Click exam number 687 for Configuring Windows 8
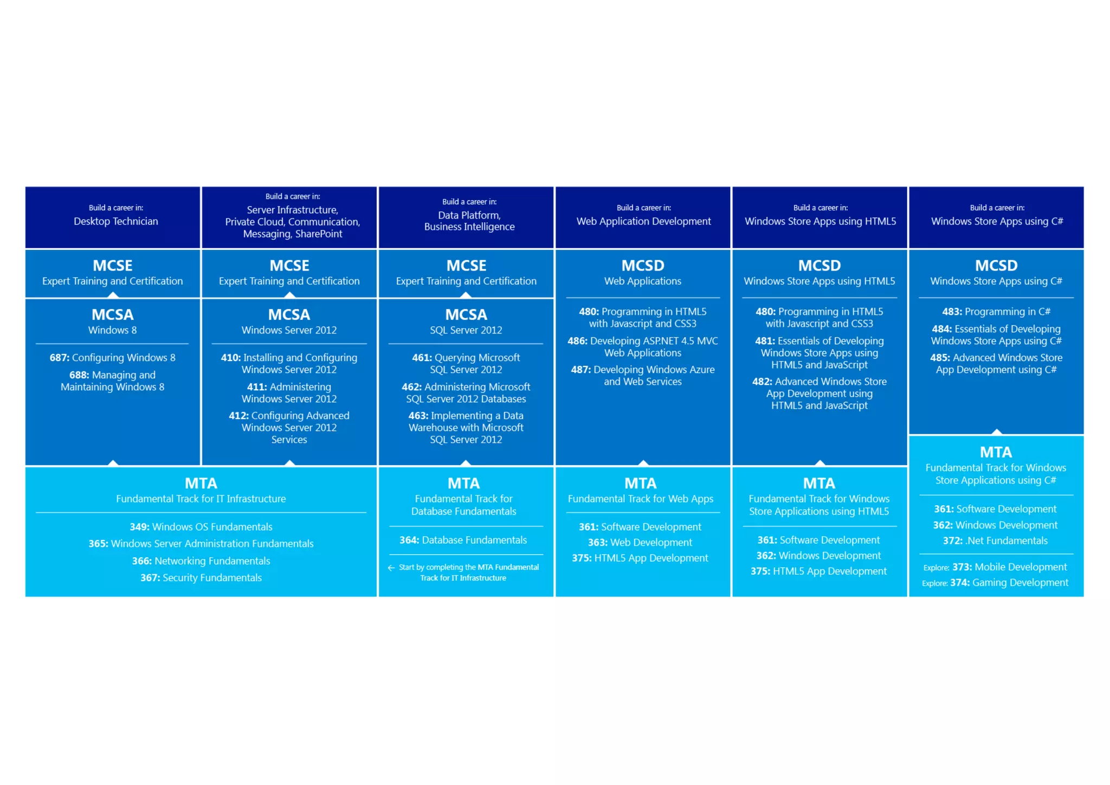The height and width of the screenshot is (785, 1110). (x=59, y=358)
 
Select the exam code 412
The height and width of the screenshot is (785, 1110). (x=238, y=416)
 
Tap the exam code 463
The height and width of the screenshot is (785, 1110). (x=418, y=416)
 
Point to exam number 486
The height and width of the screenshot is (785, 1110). (x=577, y=341)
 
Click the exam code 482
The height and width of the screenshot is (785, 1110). (x=761, y=382)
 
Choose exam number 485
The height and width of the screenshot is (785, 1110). (x=940, y=358)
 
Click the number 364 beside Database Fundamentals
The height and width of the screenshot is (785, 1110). (x=409, y=540)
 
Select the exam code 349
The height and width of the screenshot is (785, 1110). (x=139, y=527)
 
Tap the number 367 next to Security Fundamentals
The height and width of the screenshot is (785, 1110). (x=150, y=578)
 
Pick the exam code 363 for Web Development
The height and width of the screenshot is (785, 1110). (x=598, y=543)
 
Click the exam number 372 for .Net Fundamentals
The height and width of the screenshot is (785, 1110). (x=952, y=541)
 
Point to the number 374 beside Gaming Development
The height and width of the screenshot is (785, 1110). (x=960, y=583)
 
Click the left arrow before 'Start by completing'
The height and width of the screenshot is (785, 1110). (x=391, y=568)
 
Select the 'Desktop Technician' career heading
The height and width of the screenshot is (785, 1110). (x=116, y=221)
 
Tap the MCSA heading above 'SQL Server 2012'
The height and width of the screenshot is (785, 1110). (x=466, y=314)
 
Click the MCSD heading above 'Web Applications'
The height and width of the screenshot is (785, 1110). (x=643, y=266)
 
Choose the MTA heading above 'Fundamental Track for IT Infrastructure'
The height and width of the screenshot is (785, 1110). (x=201, y=483)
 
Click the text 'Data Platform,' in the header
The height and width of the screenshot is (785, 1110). (x=469, y=215)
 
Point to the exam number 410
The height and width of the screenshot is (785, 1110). (x=230, y=358)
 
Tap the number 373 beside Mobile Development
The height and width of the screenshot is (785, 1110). (x=962, y=567)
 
